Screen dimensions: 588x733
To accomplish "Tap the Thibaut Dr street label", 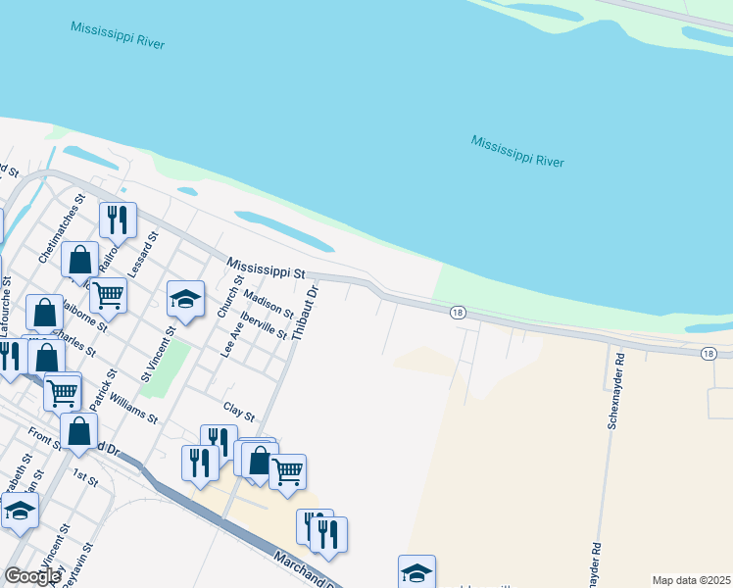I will tap(306, 312).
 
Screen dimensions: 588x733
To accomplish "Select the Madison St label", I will tap(268, 304).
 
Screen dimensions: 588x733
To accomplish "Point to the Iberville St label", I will tap(264, 326).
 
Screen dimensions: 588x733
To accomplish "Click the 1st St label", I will tap(86, 478).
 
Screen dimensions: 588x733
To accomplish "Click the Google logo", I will tap(31, 575).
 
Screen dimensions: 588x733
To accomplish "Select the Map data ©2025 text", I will tap(691, 580).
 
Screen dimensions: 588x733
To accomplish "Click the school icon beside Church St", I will tap(185, 299).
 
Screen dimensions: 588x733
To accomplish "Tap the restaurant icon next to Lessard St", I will tap(118, 220).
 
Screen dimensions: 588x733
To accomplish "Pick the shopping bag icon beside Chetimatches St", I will tap(80, 261).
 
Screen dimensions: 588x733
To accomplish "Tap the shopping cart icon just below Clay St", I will tap(287, 471).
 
